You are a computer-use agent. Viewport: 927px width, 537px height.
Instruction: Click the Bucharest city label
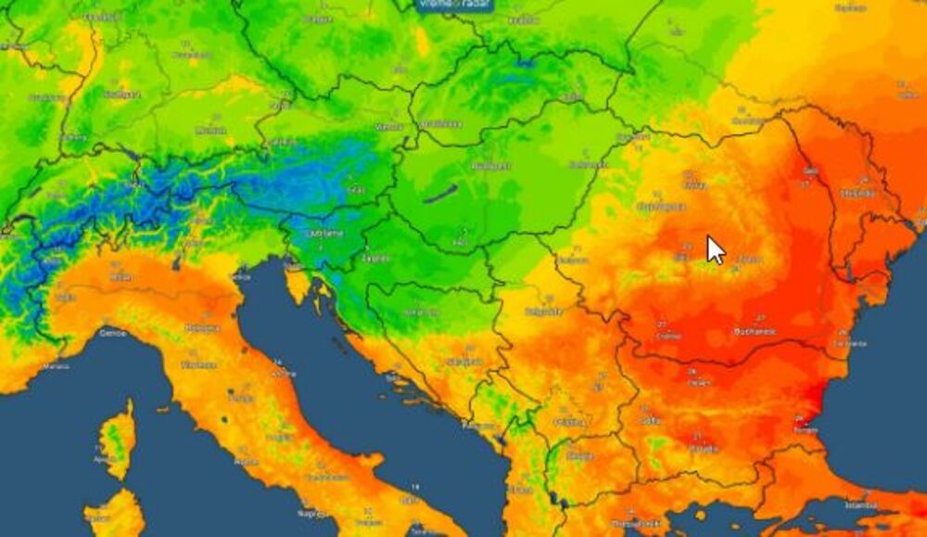752,332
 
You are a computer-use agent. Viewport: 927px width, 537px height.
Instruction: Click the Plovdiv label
704,449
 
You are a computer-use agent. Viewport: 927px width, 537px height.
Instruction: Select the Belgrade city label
543,312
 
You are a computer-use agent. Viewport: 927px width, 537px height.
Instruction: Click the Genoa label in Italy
112,332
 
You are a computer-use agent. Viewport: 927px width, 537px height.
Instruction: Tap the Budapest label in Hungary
490,166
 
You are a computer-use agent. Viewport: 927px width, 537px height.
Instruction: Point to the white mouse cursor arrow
715,249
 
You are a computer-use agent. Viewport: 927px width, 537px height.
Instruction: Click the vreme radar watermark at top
454,5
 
